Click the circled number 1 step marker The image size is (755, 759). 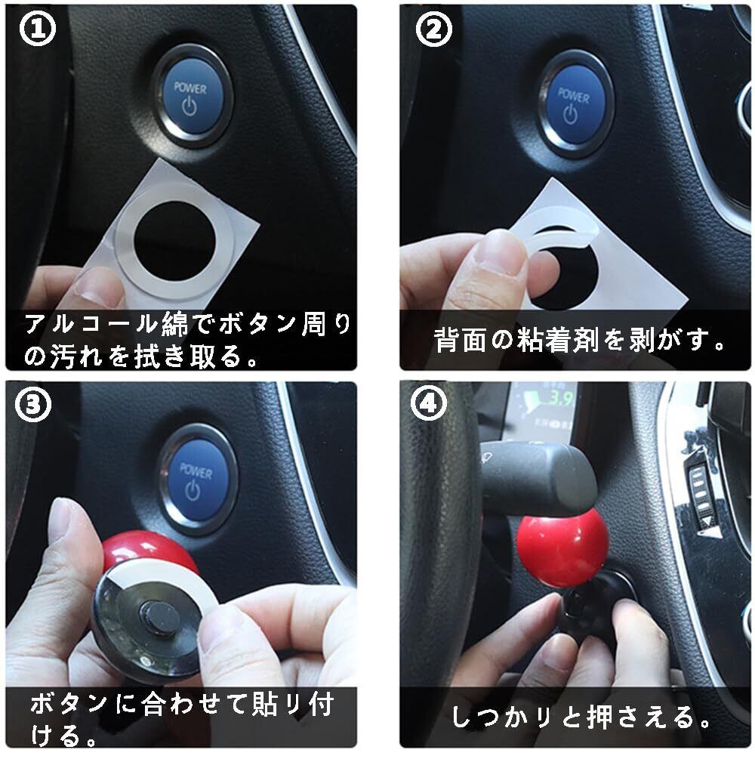click(x=37, y=28)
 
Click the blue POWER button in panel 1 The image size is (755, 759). click(x=191, y=98)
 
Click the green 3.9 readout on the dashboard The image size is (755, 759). click(x=559, y=398)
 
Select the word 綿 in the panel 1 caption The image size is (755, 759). click(x=174, y=323)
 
